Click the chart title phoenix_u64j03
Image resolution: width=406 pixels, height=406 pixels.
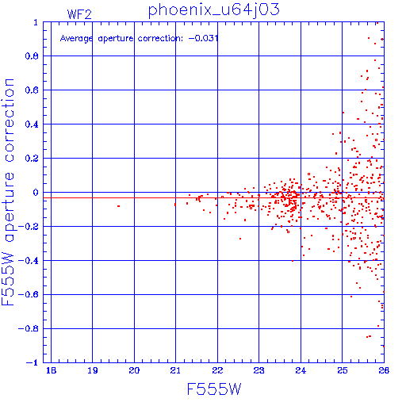click(213, 10)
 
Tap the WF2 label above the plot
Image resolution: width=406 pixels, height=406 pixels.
click(79, 14)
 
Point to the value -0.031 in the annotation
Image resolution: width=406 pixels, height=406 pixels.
click(204, 38)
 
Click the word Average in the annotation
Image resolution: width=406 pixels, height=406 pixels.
click(76, 39)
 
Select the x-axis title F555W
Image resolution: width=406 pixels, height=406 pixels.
click(214, 389)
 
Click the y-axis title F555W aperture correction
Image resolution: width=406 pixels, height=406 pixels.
click(8, 192)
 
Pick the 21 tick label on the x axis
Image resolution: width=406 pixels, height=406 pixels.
click(175, 370)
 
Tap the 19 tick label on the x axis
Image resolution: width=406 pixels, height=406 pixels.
click(93, 370)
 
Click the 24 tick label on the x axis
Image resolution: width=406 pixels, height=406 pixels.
click(301, 370)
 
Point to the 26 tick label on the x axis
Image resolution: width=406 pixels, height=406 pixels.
click(384, 370)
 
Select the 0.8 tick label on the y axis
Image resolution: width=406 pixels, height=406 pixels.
click(32, 56)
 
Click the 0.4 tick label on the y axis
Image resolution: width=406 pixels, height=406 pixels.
click(32, 124)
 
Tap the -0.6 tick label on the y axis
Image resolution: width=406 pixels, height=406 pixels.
click(29, 294)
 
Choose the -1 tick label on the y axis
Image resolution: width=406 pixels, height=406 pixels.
click(33, 362)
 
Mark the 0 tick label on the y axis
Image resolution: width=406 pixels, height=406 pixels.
click(36, 192)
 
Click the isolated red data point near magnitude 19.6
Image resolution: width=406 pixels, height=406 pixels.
click(118, 206)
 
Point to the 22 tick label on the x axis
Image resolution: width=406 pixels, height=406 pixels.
click(217, 370)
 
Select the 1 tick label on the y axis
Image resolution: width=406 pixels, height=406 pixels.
click(36, 22)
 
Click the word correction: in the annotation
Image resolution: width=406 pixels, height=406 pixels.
click(160, 39)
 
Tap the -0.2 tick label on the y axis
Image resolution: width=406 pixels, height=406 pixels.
click(29, 227)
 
